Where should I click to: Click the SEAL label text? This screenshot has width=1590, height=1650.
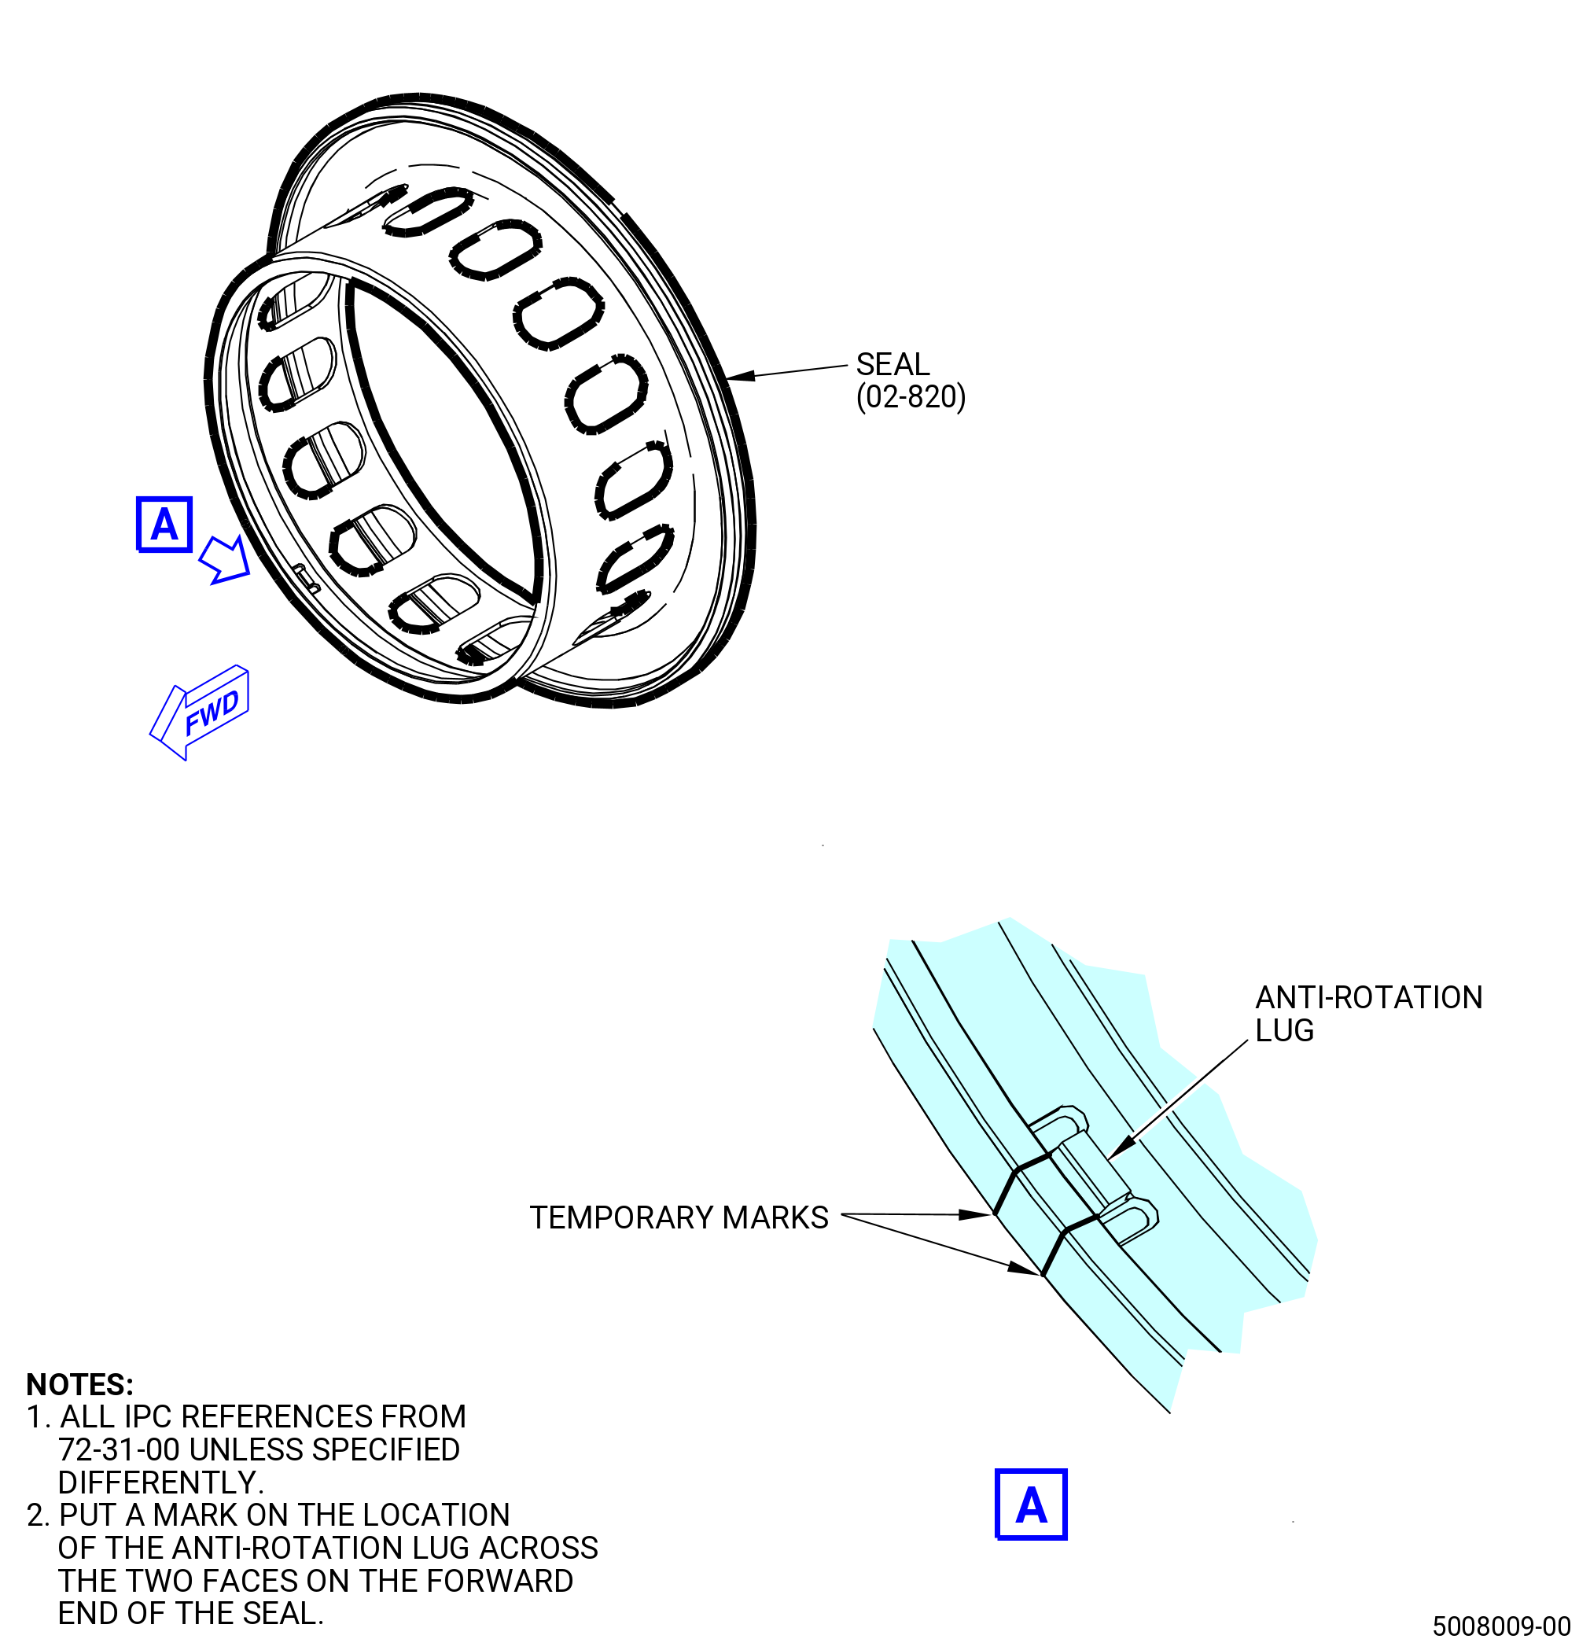[893, 364]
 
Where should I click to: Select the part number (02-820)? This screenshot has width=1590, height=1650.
[911, 396]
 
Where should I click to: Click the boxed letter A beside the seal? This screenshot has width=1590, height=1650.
[164, 525]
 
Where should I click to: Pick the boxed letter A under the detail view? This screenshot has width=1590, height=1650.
[1031, 1505]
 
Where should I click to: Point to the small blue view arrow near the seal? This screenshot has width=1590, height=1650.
[226, 560]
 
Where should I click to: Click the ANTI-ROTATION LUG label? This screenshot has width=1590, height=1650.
[1368, 1014]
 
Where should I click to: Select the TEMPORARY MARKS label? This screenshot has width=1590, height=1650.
[679, 1217]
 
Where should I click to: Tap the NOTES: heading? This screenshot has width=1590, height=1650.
[80, 1385]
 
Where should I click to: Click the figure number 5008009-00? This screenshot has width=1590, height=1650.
[1502, 1626]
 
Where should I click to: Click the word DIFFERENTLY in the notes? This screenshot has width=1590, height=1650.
[160, 1482]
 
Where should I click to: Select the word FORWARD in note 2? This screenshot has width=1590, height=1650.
[499, 1581]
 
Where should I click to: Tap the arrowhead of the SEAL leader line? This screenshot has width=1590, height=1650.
[740, 375]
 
